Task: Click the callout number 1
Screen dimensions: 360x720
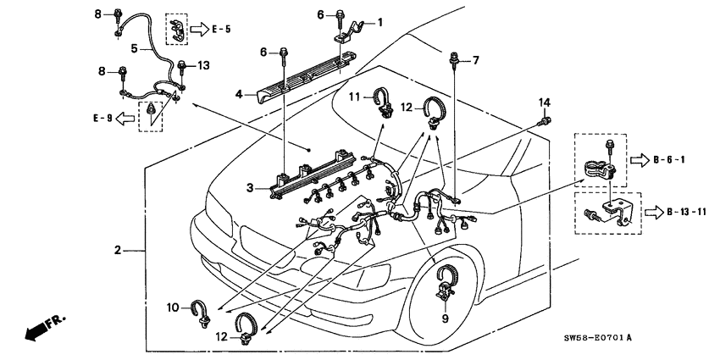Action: (379, 22)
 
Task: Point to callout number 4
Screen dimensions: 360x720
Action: (240, 94)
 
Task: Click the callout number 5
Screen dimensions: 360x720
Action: (133, 49)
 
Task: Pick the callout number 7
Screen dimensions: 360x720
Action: (475, 60)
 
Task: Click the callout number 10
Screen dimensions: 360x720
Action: (174, 307)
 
